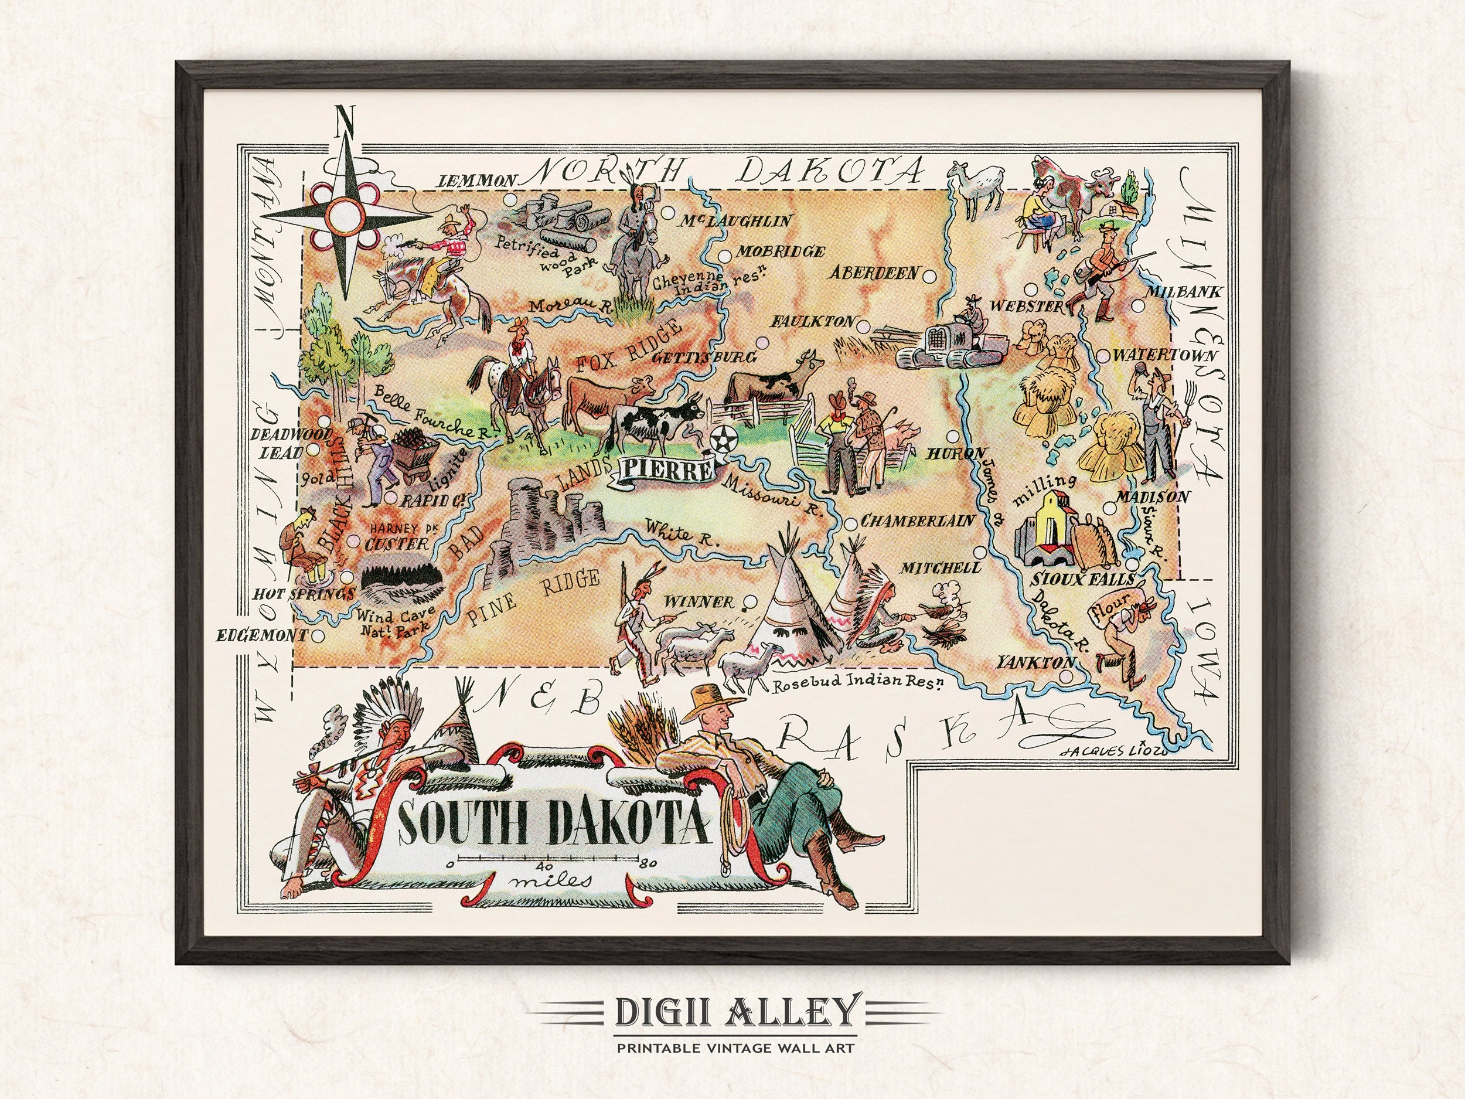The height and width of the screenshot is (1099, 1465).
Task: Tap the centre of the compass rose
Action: click(x=345, y=212)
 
